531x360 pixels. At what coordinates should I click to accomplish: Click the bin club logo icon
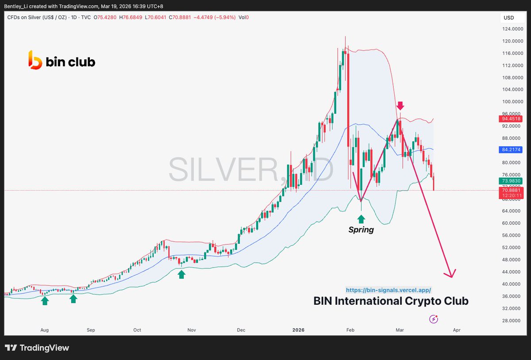35,60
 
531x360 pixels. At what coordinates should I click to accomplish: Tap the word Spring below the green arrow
361,230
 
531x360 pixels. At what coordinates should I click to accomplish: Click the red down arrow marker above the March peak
400,106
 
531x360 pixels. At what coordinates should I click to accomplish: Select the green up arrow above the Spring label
361,218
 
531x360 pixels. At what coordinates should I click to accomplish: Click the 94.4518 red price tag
511,119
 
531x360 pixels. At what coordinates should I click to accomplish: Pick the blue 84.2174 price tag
511,150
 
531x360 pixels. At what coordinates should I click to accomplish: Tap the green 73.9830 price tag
511,181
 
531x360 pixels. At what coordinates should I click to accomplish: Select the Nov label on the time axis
191,330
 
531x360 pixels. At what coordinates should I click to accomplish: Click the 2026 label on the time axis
299,330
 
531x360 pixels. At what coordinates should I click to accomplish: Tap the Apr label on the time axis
457,330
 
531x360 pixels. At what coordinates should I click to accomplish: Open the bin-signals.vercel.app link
388,290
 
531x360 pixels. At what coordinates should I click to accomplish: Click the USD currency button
509,18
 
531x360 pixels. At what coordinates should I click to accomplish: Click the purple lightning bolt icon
434,319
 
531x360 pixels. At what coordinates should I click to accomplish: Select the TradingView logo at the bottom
37,348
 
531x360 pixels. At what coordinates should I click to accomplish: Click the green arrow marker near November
181,275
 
